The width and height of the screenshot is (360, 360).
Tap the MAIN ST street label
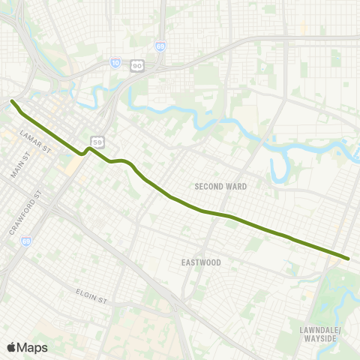tap(19, 166)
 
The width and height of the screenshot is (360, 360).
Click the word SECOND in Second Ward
tap(210, 186)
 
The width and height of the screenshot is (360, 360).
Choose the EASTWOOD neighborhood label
tap(201, 262)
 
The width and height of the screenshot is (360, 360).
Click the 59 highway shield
tap(97, 140)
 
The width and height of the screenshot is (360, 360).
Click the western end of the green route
tap(12, 101)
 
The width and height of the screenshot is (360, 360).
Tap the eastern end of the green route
tap(348, 259)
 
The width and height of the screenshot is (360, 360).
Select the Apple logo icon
tap(12, 346)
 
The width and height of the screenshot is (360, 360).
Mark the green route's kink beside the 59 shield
tap(86, 151)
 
